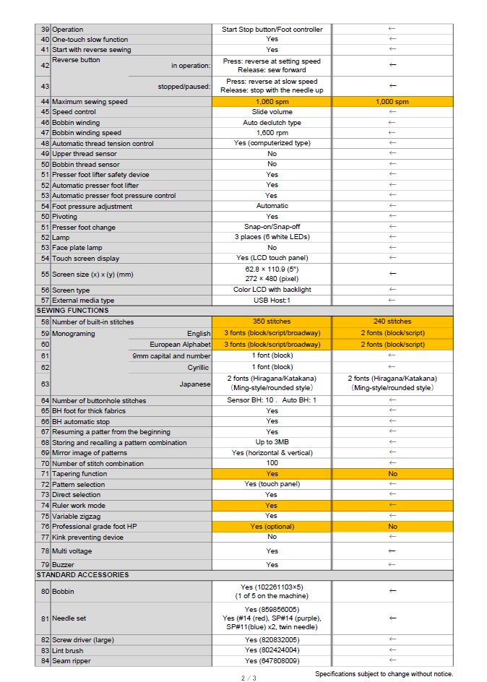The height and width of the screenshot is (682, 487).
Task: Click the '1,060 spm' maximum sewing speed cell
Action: click(x=272, y=102)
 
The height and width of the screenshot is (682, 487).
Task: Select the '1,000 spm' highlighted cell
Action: click(x=392, y=102)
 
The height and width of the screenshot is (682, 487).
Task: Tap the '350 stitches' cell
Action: click(x=272, y=321)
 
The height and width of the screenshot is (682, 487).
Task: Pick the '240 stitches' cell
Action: click(x=392, y=321)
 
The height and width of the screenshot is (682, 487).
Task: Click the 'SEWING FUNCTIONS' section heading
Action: click(x=72, y=311)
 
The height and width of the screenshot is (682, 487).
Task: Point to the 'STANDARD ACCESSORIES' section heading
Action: click(x=82, y=575)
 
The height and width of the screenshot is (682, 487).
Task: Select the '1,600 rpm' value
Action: click(x=272, y=133)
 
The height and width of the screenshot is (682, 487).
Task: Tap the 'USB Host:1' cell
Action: click(x=272, y=301)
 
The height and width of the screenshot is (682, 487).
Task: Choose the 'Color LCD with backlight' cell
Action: click(x=272, y=290)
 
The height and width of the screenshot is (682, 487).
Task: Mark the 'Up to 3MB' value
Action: click(x=272, y=443)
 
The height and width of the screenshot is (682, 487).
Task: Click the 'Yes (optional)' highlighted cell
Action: click(x=272, y=527)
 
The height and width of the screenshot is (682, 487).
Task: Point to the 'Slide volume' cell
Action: click(x=272, y=112)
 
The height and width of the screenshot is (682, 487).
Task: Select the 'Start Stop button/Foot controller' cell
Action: click(x=272, y=30)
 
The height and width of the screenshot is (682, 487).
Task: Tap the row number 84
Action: click(x=45, y=661)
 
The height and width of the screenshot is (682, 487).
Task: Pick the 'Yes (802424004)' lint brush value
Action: click(x=272, y=651)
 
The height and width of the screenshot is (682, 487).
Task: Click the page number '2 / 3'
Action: click(x=249, y=678)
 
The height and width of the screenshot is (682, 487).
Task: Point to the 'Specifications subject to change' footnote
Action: click(x=384, y=673)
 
